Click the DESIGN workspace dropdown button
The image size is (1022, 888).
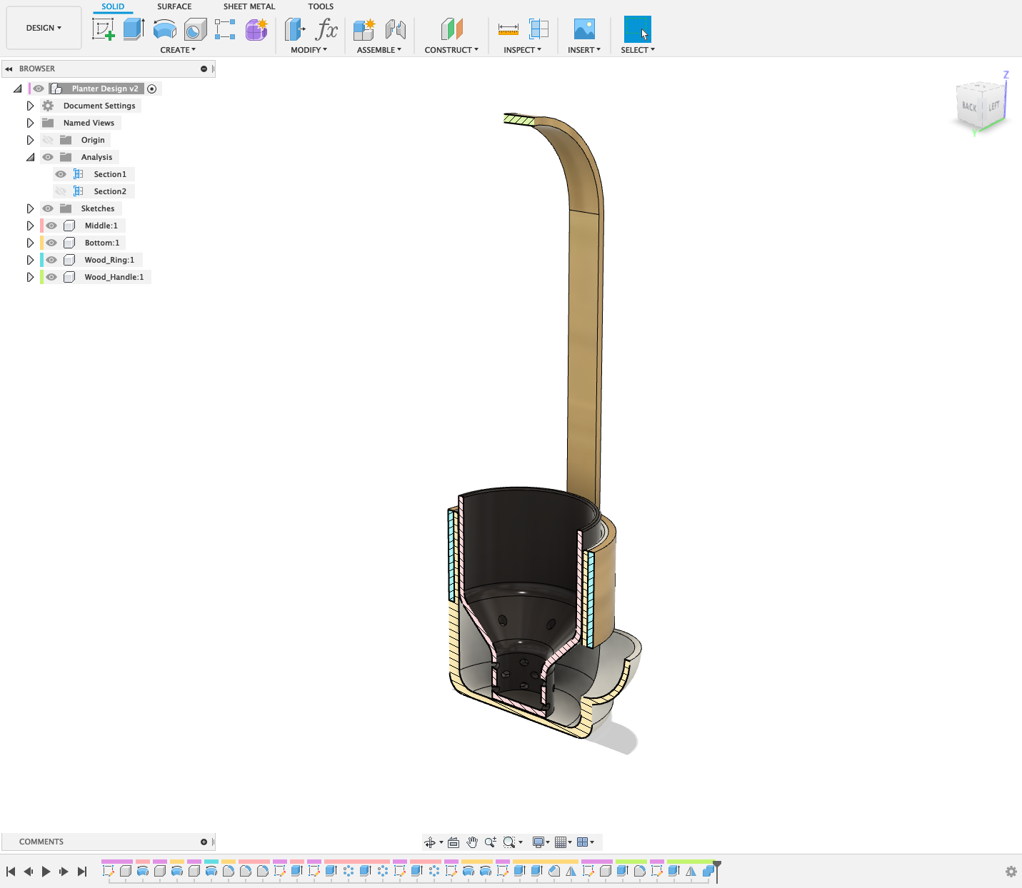tap(44, 28)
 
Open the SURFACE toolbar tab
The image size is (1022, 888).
tap(174, 6)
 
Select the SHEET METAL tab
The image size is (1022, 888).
tap(249, 6)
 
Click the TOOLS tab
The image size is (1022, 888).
tap(321, 6)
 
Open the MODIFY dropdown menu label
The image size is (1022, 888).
tap(309, 50)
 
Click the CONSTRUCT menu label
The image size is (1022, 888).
tap(451, 50)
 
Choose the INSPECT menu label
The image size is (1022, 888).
tap(522, 50)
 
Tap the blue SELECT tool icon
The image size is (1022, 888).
tap(637, 29)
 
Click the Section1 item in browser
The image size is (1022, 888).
tap(110, 174)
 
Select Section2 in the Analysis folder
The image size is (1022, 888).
tap(110, 191)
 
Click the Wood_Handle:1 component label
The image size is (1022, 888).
tap(114, 277)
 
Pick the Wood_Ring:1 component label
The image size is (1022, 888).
tap(109, 260)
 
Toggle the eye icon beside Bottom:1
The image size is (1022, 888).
tap(51, 243)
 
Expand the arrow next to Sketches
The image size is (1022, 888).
tap(30, 208)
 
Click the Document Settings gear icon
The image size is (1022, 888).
tap(48, 106)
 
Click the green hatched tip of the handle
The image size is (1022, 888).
tap(519, 119)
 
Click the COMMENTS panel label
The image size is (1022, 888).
tap(41, 842)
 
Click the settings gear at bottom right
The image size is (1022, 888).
tap(1011, 872)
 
